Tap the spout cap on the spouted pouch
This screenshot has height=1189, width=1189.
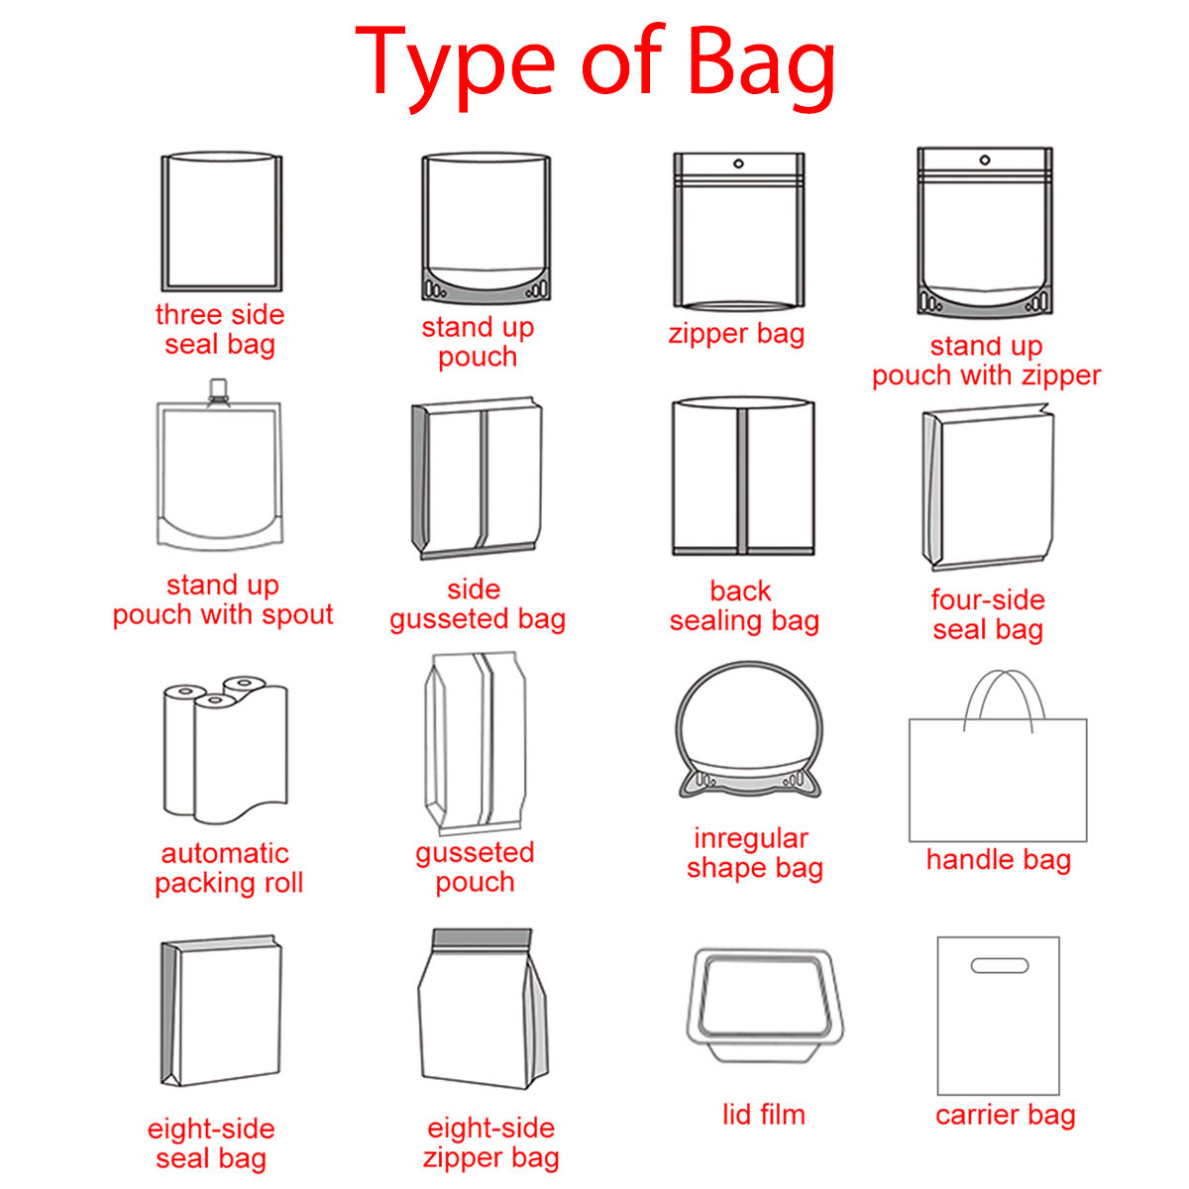point(218,390)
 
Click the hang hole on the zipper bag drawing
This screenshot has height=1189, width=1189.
point(738,163)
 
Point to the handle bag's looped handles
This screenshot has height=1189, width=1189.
point(1004,699)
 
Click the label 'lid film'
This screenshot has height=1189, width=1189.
point(763,1115)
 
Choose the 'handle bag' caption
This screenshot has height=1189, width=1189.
point(999,859)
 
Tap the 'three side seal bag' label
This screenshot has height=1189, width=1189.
point(220,329)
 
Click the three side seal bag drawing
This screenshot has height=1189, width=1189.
point(222,222)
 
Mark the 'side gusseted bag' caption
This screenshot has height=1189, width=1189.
point(477,604)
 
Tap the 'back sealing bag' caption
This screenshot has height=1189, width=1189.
point(744,605)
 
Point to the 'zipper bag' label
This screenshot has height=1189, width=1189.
point(736,333)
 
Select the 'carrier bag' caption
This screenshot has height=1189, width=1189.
point(1005,1115)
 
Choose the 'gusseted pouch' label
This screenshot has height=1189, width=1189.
point(475,867)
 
